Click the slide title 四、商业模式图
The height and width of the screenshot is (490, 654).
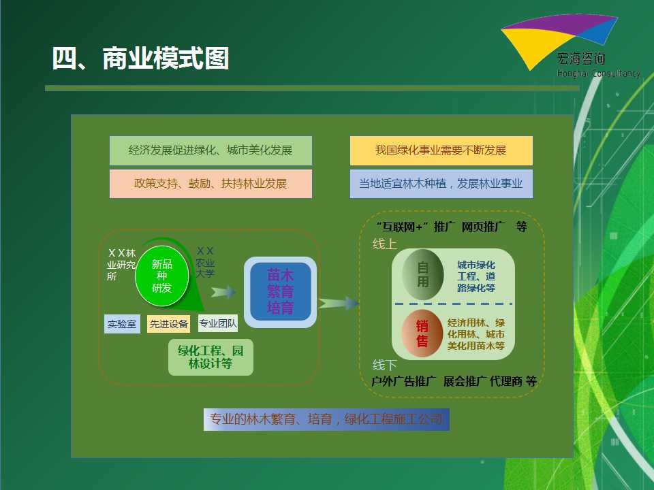click(140, 58)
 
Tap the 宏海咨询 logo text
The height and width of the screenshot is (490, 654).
click(581, 59)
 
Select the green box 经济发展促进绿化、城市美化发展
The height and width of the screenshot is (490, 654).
click(211, 150)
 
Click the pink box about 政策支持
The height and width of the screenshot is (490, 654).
click(211, 183)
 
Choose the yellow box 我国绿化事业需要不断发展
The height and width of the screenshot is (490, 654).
click(441, 150)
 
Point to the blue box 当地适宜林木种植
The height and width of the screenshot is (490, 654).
click(441, 183)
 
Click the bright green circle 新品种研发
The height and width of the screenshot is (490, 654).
click(162, 276)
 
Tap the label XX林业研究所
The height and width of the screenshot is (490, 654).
click(121, 265)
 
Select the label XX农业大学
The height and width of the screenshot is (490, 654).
click(205, 262)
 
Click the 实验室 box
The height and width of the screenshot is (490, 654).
click(122, 324)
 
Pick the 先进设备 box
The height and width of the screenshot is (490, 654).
click(168, 324)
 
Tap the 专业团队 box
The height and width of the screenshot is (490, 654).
click(218, 323)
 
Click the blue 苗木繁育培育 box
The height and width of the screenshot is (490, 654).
click(280, 292)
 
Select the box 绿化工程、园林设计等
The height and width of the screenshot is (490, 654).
click(211, 357)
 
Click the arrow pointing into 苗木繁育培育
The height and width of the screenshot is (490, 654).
click(223, 292)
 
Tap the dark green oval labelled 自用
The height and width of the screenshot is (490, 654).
click(422, 274)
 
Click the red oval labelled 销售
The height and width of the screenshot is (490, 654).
click(422, 333)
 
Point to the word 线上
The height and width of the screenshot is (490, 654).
click(384, 244)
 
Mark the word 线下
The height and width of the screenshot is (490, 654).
click(384, 365)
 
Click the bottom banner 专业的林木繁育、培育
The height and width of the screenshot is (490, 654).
click(326, 419)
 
